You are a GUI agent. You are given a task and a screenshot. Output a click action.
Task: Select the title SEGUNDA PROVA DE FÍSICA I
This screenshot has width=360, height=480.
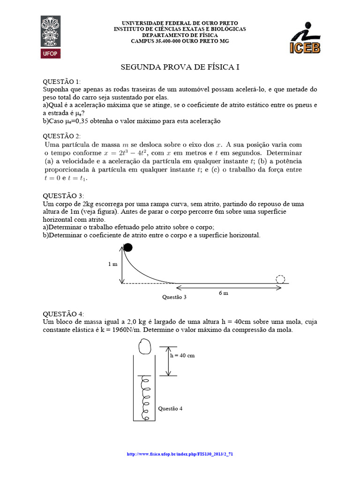[x=180, y=67]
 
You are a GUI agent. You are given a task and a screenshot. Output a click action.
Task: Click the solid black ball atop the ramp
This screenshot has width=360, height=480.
[x=127, y=247]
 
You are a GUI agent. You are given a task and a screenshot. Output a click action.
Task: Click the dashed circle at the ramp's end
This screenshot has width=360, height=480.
[x=280, y=279]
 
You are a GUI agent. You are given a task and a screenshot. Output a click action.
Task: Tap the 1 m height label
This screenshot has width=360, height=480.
[x=112, y=264]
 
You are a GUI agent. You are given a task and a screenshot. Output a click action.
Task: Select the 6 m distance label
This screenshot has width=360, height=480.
[x=224, y=293]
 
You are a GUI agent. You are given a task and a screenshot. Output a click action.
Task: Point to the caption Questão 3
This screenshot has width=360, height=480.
[x=174, y=297]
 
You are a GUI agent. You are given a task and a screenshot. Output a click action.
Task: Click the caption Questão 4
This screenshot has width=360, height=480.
[x=171, y=408]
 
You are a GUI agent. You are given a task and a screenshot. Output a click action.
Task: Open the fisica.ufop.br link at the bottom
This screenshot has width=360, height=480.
[x=180, y=454]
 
